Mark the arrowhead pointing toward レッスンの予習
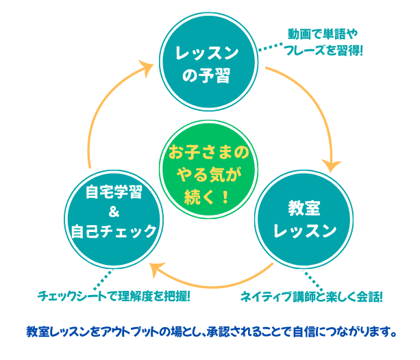[x=146, y=66]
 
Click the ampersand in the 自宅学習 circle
[x=114, y=210]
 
